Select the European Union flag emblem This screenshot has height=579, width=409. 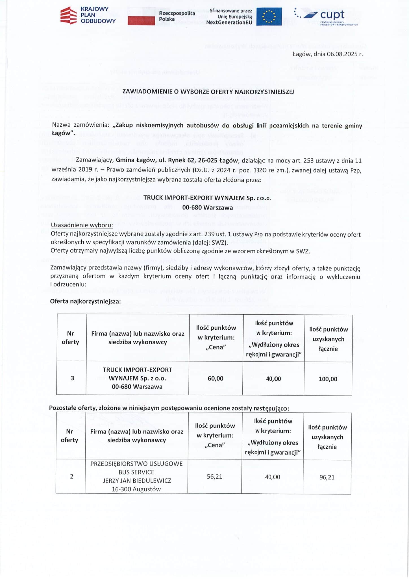[x=269, y=17]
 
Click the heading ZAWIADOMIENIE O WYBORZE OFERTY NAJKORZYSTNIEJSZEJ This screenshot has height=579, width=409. [x=208, y=92]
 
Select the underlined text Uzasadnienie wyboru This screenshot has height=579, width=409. [x=82, y=225]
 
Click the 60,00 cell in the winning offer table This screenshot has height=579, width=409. [x=216, y=379]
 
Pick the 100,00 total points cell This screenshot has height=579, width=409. [x=328, y=379]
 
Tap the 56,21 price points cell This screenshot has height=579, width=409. [x=214, y=477]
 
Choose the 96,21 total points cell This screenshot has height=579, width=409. [x=327, y=478]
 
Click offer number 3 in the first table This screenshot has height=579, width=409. [x=72, y=378]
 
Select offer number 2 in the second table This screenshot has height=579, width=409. [x=71, y=477]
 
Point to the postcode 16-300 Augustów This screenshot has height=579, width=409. [x=136, y=489]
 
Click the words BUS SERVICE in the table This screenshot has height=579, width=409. [x=136, y=472]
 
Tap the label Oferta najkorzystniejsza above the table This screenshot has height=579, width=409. [x=85, y=301]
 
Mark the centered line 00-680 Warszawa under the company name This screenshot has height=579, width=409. [x=207, y=208]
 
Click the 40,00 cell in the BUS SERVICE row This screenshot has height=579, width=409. [x=272, y=477]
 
